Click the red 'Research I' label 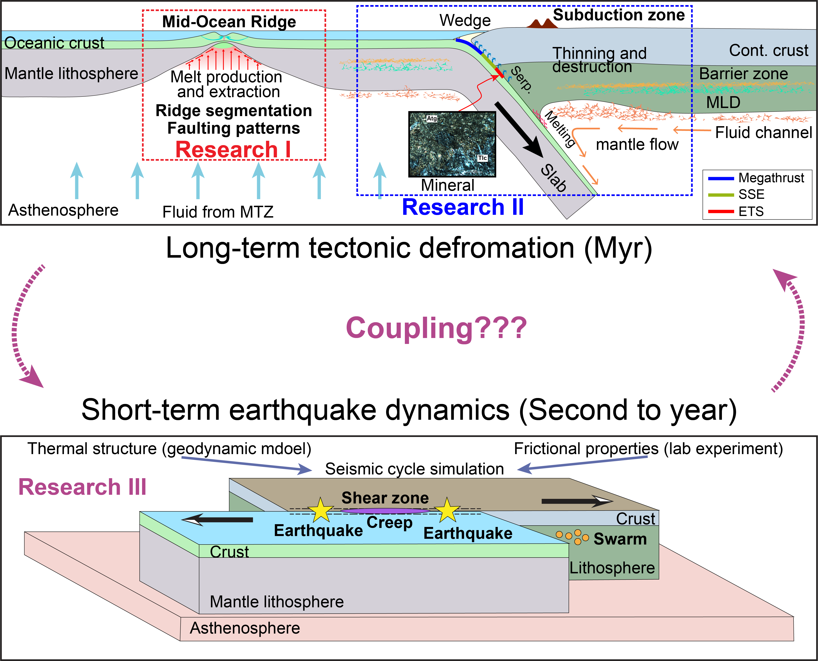(233, 150)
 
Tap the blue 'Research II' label (463, 208)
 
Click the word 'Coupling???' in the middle (436, 328)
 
